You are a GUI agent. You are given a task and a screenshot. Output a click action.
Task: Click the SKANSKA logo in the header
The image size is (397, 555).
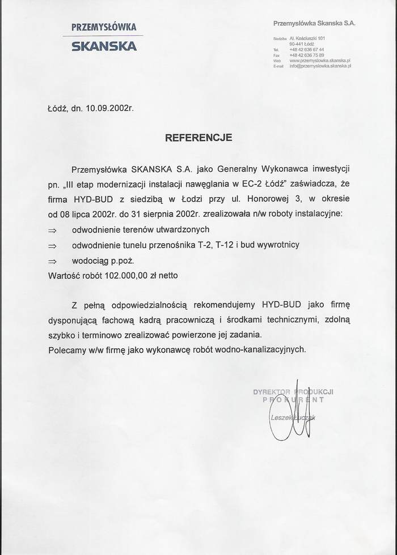point(104,46)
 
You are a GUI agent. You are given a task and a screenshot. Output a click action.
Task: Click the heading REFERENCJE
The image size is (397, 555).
point(198,137)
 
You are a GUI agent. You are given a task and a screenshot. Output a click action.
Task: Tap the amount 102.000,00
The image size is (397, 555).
point(118,276)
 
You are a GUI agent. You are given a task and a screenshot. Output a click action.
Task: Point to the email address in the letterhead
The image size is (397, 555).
point(320,66)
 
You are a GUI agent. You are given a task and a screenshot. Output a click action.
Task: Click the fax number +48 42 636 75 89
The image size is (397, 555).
point(306,55)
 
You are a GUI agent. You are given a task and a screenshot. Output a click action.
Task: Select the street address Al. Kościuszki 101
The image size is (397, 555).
point(307,38)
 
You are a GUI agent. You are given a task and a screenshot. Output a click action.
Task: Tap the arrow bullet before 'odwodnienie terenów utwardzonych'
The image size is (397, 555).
point(53,230)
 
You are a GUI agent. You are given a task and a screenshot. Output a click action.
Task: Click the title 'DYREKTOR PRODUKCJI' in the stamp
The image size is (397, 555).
point(293,392)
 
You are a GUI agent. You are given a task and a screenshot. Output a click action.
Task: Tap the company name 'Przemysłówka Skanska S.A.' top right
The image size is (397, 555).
point(314,23)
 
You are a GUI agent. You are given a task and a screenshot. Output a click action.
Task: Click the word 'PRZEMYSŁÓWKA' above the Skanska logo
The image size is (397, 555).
point(104,27)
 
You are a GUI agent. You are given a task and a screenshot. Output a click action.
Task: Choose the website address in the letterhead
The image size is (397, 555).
point(320,60)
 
